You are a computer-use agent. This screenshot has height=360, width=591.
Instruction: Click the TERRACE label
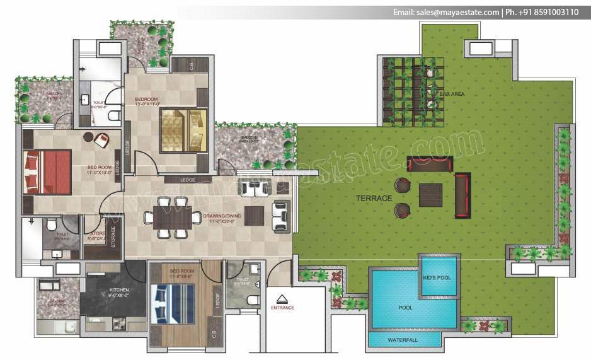click(374, 198)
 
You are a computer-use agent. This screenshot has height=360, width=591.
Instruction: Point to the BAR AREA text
click(452, 94)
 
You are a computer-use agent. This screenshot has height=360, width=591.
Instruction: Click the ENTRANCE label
click(283, 308)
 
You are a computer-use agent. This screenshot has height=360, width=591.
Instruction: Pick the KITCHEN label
click(118, 290)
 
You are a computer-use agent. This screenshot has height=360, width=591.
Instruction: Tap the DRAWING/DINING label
click(219, 218)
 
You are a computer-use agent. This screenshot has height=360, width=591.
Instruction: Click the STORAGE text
click(113, 236)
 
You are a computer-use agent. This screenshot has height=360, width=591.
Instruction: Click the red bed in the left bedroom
click(47, 171)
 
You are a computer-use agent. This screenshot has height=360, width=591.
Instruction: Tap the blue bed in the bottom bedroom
click(173, 303)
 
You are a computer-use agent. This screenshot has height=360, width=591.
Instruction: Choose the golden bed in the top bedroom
click(183, 130)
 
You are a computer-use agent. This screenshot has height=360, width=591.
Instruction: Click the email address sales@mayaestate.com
click(447, 12)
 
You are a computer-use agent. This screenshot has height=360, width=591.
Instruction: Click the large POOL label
click(405, 308)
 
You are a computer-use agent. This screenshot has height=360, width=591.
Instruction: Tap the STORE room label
click(97, 233)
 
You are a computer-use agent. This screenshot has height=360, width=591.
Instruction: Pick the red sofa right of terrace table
click(462, 195)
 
